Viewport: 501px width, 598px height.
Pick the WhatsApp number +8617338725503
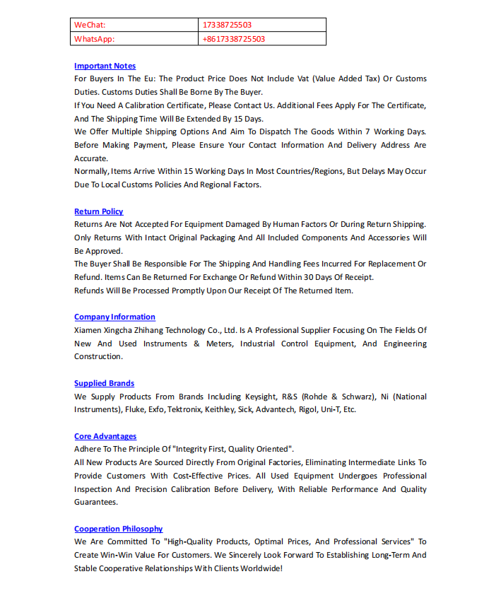pos(233,39)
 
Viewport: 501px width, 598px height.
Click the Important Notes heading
pos(105,66)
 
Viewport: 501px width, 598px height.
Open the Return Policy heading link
pos(98,211)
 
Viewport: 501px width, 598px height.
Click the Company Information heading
pos(114,317)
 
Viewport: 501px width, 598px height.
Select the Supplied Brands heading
pos(104,383)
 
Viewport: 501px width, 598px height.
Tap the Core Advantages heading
pos(105,436)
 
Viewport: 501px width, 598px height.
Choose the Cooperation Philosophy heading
pos(118,529)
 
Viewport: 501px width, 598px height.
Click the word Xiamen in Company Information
pos(88,330)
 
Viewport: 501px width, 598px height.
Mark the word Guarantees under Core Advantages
pos(96,503)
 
